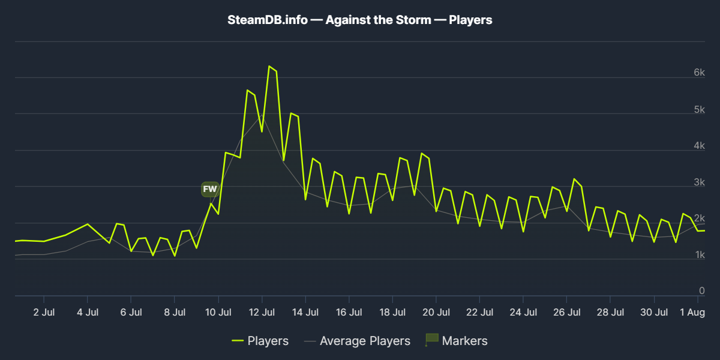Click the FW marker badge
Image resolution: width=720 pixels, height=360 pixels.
click(210, 189)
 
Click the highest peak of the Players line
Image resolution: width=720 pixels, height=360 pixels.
click(269, 66)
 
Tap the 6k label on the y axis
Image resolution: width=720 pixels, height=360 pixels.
click(699, 73)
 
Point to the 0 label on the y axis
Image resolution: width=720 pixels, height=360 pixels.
click(701, 290)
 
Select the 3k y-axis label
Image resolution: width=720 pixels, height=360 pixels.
click(699, 182)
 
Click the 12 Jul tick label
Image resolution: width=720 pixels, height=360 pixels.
click(262, 312)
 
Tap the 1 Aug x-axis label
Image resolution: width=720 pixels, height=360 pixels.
click(692, 312)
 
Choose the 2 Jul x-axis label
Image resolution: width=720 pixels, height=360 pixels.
click(44, 312)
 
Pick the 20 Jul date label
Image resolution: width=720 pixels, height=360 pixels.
click(436, 312)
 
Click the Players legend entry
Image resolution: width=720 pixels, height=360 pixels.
click(260, 341)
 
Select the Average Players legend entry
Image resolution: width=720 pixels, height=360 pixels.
click(357, 341)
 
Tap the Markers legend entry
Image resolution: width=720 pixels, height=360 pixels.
click(457, 341)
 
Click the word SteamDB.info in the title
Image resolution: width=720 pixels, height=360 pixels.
click(268, 20)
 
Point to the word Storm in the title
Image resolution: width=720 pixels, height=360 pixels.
click(413, 20)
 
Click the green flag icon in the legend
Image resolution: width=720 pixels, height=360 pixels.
click(431, 340)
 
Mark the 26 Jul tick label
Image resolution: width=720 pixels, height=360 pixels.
click(566, 312)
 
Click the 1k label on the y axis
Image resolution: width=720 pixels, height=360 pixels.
click(700, 254)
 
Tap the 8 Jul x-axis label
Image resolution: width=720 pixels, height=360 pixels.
click(175, 312)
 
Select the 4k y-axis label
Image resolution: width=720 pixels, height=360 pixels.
click(699, 145)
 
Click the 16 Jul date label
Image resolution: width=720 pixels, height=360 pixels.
click(349, 312)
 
